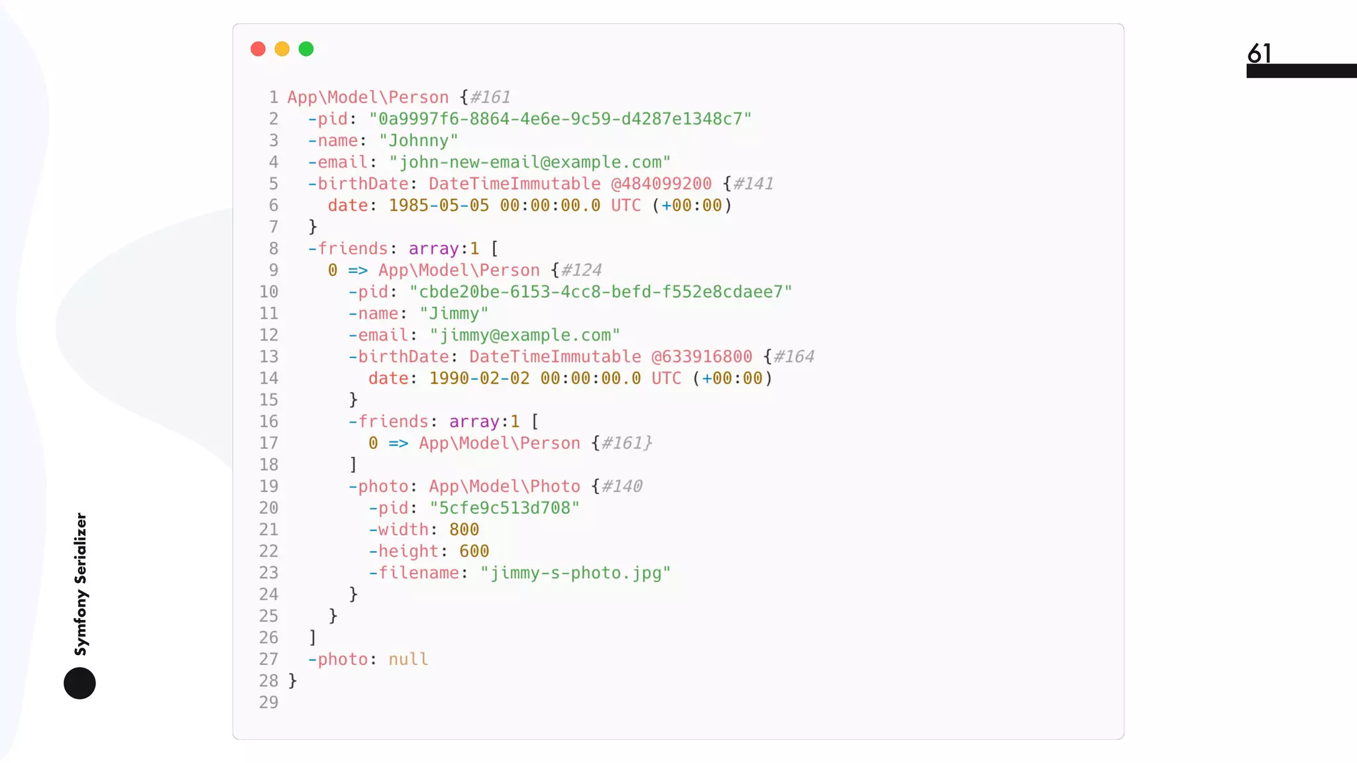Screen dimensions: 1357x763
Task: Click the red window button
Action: pos(258,49)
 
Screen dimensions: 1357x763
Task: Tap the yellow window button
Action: pos(282,49)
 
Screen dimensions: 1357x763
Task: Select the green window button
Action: pos(306,49)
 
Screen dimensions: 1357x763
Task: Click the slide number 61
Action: pos(1259,53)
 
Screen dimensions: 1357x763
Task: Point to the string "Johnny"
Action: pos(419,140)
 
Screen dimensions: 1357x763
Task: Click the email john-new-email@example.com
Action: pos(530,162)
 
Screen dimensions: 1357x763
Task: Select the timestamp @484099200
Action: pos(661,183)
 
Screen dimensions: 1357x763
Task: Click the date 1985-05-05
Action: pos(439,205)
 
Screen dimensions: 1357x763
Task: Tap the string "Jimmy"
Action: pos(454,313)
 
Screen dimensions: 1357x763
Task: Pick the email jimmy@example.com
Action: pos(525,335)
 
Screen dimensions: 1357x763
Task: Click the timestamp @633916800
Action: pos(702,357)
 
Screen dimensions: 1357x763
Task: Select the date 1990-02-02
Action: pos(479,378)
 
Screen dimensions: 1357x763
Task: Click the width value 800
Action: pos(464,530)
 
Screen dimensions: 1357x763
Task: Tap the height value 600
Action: pos(474,551)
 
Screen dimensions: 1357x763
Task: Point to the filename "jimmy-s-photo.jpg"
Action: pos(575,573)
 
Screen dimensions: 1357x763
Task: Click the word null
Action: pos(408,660)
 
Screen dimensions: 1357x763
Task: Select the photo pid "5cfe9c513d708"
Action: pos(504,508)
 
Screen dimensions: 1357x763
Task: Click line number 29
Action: pos(268,702)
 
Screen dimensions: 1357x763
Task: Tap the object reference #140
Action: pos(622,486)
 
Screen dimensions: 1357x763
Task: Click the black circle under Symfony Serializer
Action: pos(80,683)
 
